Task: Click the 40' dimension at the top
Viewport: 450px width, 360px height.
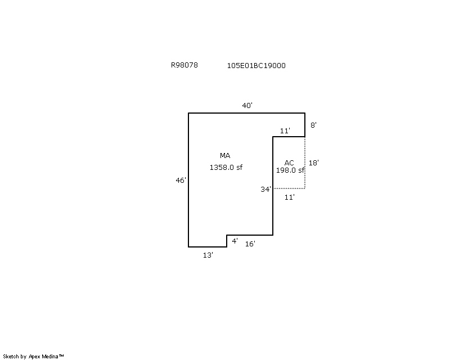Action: click(x=247, y=105)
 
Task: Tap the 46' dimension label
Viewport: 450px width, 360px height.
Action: click(x=181, y=181)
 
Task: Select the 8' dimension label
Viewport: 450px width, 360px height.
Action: click(x=313, y=125)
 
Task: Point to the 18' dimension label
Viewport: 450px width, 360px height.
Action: click(x=314, y=163)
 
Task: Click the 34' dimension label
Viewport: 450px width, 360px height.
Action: click(x=265, y=189)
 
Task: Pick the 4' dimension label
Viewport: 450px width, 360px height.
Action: click(x=235, y=241)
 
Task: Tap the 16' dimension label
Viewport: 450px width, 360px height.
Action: click(x=250, y=244)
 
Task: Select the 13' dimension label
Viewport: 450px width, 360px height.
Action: click(x=208, y=255)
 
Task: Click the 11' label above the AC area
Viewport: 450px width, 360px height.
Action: click(x=285, y=131)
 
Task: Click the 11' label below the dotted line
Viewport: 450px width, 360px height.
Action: click(x=289, y=197)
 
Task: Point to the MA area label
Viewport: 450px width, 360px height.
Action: click(x=225, y=156)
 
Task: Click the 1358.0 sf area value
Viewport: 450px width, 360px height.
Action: click(x=226, y=168)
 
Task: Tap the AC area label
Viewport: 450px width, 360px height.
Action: click(x=289, y=163)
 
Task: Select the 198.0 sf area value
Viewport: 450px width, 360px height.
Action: click(x=290, y=170)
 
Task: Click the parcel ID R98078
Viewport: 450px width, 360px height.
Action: click(x=184, y=65)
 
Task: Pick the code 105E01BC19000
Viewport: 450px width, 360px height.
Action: click(x=256, y=65)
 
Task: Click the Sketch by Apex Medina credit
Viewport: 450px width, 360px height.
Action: click(x=33, y=357)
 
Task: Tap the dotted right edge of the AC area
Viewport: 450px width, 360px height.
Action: click(x=305, y=163)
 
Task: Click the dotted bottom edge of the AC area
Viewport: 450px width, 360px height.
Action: click(x=289, y=188)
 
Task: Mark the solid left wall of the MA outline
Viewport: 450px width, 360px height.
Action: click(x=188, y=180)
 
